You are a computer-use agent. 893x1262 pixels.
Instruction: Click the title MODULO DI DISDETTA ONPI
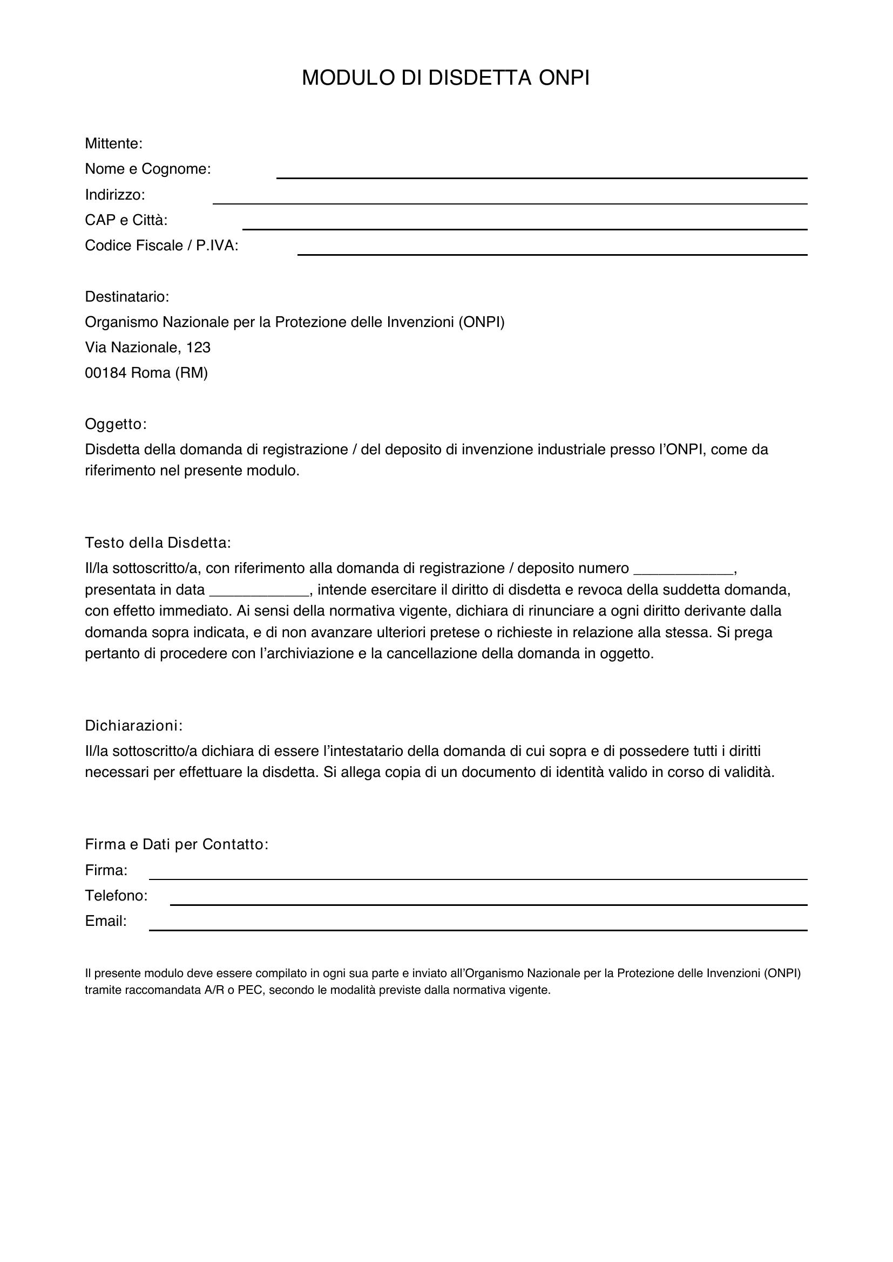coord(445,78)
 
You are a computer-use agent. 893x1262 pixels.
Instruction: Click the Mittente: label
coord(114,144)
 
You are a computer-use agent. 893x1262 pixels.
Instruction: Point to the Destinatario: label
coord(127,297)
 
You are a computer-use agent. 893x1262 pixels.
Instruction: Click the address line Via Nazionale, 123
coord(148,347)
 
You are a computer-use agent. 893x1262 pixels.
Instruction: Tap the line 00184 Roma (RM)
coord(146,373)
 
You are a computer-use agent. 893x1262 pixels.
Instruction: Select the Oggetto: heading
coord(116,424)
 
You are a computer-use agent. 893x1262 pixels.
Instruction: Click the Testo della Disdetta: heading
coord(158,543)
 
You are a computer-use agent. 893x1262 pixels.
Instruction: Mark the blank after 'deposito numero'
coord(684,569)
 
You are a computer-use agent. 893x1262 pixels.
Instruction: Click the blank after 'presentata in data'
coord(260,591)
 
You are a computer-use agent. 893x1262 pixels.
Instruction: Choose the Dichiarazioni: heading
coord(133,726)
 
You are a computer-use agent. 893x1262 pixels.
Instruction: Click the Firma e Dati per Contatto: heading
coord(177,845)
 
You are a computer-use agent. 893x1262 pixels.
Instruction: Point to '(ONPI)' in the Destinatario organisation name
coord(482,322)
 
